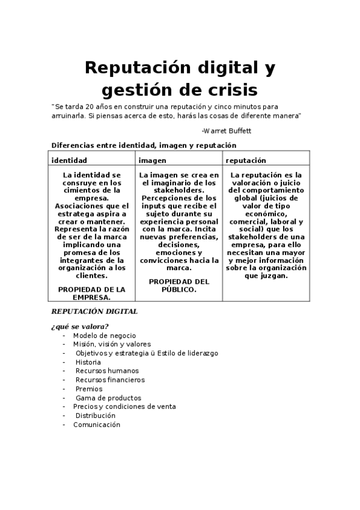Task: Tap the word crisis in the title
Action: [x=226, y=90]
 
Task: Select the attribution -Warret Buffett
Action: [x=227, y=130]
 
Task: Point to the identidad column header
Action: [x=69, y=161]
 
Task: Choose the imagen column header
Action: [x=153, y=161]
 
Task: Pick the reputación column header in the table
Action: [x=246, y=161]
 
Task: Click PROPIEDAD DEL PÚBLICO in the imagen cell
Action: [x=178, y=285]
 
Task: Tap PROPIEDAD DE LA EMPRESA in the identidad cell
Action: [x=91, y=293]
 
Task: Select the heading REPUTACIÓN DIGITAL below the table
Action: [x=94, y=312]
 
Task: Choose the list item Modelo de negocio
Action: [x=105, y=336]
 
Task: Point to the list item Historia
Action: [x=88, y=362]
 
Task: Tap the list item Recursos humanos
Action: [x=106, y=371]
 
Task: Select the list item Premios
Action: [x=89, y=389]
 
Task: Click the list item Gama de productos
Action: [x=108, y=398]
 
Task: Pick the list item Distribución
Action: [x=95, y=416]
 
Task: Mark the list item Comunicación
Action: [x=96, y=425]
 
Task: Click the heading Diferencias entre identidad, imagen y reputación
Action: [x=144, y=145]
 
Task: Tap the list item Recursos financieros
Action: [x=109, y=380]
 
